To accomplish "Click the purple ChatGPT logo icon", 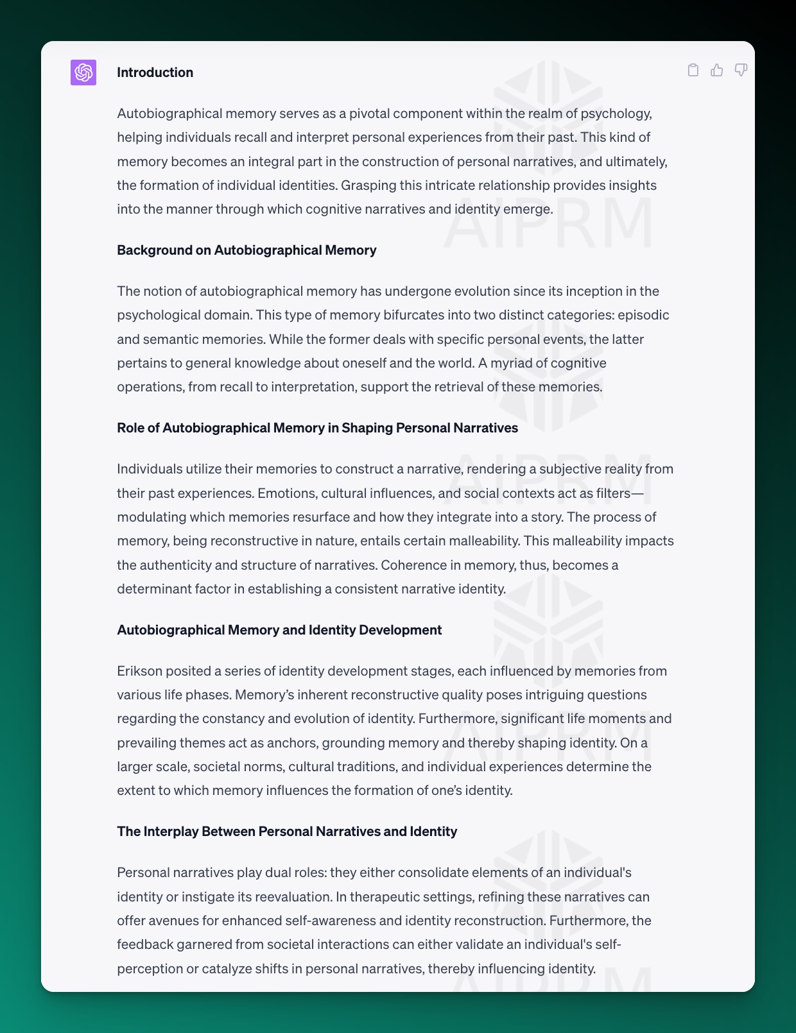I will pos(83,73).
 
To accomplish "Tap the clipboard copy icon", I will pos(693,70).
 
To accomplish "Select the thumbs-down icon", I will pos(741,70).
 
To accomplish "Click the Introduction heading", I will pos(155,73).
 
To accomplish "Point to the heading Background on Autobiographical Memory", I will pos(247,250).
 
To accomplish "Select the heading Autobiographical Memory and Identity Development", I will pos(279,630).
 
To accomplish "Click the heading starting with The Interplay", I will pos(287,832).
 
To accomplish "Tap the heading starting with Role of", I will pos(317,428).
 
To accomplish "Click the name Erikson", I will pos(139,671).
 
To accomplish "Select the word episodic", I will pos(643,315).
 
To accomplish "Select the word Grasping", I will pos(368,185).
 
